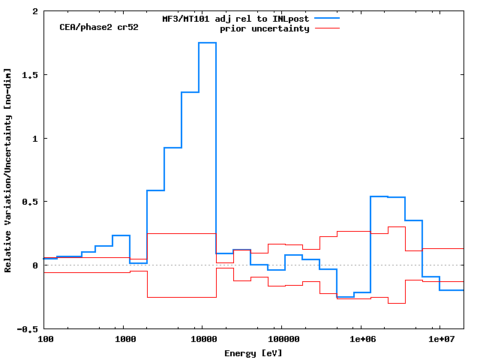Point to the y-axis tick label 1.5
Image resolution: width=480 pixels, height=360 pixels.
point(31,75)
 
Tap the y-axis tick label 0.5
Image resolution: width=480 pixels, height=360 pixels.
point(31,202)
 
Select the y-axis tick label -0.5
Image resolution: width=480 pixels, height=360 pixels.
point(28,328)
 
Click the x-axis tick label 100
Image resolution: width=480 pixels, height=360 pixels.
point(46,340)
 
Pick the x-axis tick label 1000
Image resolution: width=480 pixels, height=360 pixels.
point(124,340)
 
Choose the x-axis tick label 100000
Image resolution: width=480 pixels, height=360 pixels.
point(281,340)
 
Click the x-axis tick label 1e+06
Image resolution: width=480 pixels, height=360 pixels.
point(361,340)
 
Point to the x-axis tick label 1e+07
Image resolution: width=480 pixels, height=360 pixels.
point(439,340)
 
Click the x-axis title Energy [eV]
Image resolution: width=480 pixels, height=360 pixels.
point(253,352)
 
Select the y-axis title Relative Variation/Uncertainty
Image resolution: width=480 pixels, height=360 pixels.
point(7,170)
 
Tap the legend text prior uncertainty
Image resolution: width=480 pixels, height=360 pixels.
point(265,28)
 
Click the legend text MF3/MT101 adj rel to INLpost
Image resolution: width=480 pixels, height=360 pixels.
point(236,19)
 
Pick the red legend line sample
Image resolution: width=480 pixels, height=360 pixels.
point(327,28)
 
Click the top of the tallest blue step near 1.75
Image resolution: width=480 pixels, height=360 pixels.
point(207,43)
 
